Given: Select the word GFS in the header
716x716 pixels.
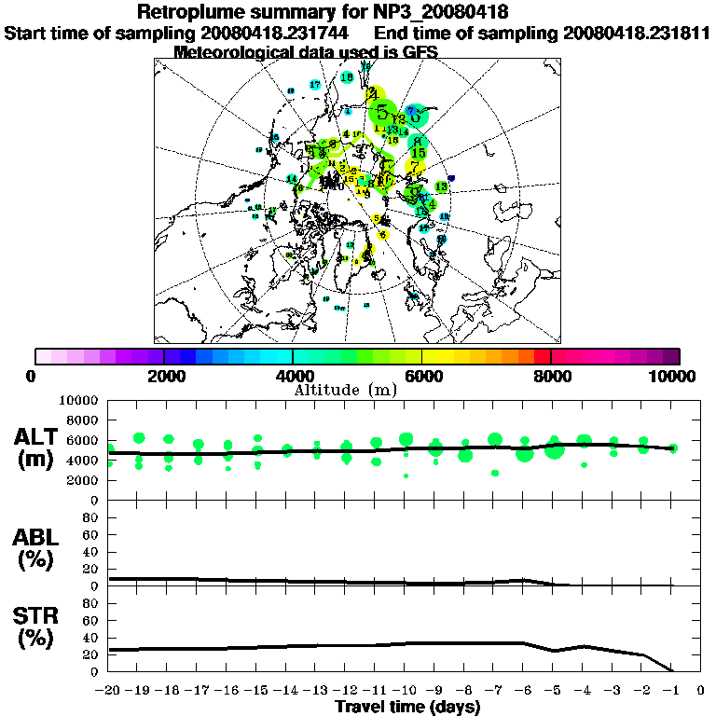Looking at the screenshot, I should [x=418, y=52].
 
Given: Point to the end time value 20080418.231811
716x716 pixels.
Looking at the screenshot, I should [x=629, y=34].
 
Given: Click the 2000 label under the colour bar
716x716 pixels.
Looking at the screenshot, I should [x=164, y=376].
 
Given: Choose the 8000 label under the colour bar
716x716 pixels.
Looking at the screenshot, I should [x=551, y=376].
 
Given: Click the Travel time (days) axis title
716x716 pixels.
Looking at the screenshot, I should [x=407, y=708].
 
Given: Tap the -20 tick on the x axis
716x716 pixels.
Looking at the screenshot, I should [x=108, y=691].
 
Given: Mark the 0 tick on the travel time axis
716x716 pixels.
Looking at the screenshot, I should [x=701, y=691].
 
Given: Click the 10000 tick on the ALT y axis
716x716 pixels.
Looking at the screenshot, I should [x=78, y=400].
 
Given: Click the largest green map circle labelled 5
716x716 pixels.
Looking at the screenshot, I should [x=381, y=112].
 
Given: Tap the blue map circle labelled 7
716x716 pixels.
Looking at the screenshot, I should [x=410, y=111].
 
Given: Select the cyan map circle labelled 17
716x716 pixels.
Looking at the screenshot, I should [x=314, y=85].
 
